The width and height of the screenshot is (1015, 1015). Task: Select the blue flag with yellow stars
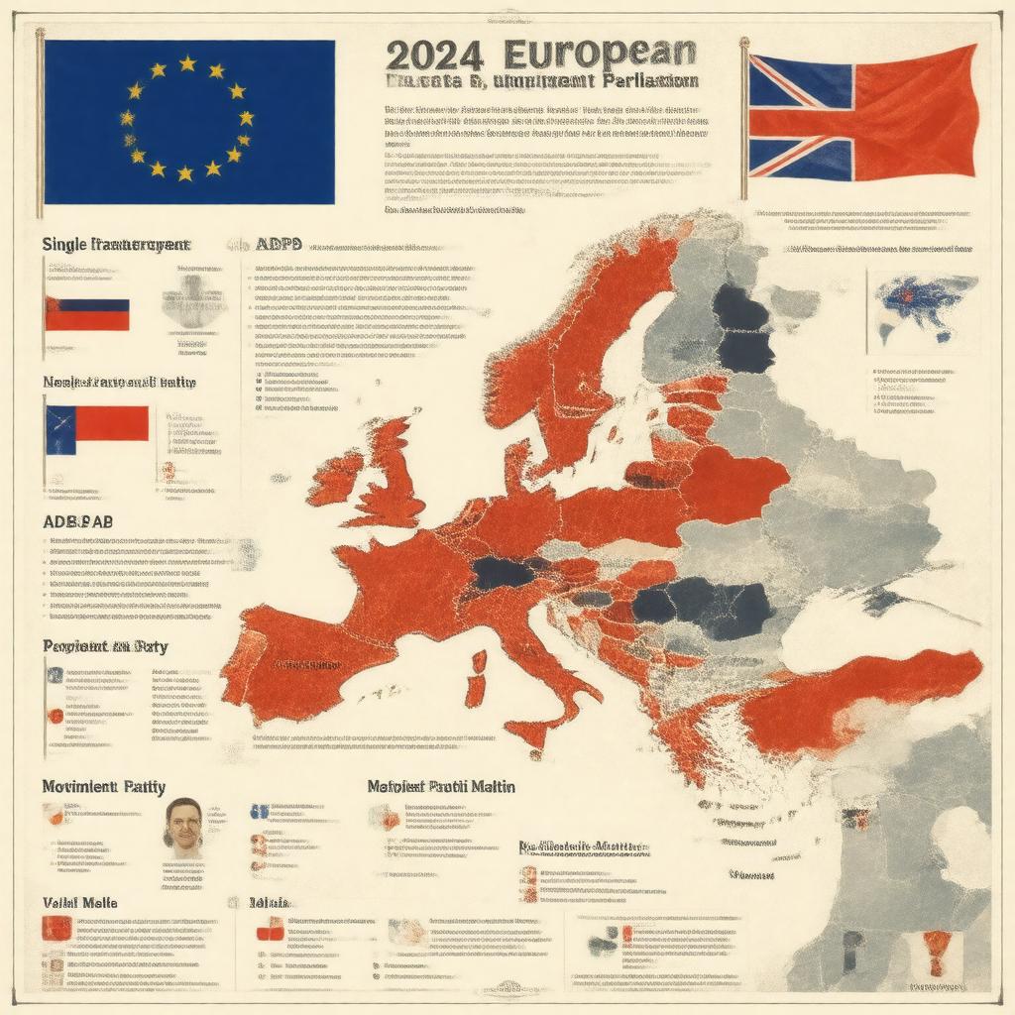pyautogui.click(x=188, y=121)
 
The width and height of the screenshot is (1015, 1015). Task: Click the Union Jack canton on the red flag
pyautogui.click(x=800, y=116)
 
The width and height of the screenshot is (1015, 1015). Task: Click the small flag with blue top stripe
pyautogui.click(x=87, y=314)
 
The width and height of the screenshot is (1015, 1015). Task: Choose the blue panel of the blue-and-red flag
pyautogui.click(x=59, y=423)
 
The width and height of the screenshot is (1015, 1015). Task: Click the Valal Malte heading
pyautogui.click(x=79, y=902)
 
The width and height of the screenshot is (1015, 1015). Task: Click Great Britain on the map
pyautogui.click(x=396, y=476)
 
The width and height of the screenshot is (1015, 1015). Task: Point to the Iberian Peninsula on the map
pyautogui.click(x=282, y=659)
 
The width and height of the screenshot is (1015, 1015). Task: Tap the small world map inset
pyautogui.click(x=922, y=309)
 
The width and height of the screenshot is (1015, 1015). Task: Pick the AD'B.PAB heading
pyautogui.click(x=78, y=521)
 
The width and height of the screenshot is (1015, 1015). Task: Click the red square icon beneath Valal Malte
pyautogui.click(x=57, y=928)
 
